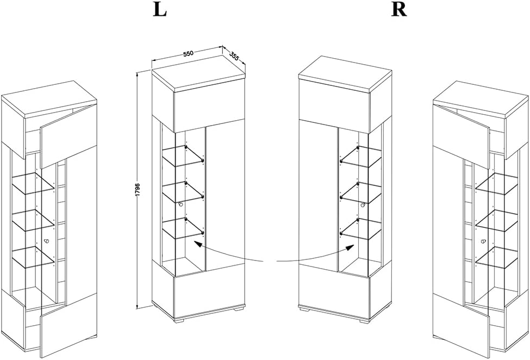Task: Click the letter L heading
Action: (160, 10)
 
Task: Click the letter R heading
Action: (399, 10)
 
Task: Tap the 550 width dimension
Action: (188, 54)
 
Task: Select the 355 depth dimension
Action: (234, 56)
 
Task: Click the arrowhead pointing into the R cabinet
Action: (351, 248)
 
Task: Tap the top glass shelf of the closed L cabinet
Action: (183, 156)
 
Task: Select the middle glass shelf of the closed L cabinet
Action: (183, 193)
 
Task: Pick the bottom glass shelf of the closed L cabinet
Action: (183, 229)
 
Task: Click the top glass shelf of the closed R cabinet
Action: (361, 157)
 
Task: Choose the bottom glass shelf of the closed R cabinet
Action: (361, 229)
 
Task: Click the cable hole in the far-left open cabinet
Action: (46, 241)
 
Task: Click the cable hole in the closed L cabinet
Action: (181, 204)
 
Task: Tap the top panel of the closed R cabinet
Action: (345, 73)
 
